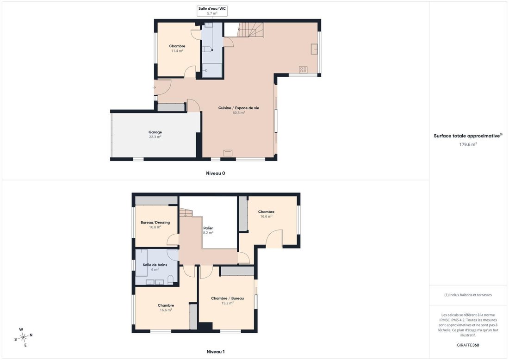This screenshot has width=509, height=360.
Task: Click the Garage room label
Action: [x=155, y=132]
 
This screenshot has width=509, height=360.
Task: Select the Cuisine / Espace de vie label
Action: [x=239, y=108]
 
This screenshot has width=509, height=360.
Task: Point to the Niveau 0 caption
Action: [x=216, y=174]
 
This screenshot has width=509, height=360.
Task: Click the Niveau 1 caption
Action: [x=216, y=352]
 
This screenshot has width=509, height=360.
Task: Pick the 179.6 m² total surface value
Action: [x=468, y=144]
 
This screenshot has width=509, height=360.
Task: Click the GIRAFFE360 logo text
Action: [x=468, y=345]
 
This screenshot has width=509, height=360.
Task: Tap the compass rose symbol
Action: [x=24, y=338]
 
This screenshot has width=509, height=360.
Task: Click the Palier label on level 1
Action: [x=208, y=228]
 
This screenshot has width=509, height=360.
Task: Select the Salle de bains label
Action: [x=155, y=265]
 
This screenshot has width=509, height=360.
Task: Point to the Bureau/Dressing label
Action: [x=155, y=223]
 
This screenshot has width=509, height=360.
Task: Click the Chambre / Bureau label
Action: [x=227, y=298]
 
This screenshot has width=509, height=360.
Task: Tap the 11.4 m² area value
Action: [x=177, y=51]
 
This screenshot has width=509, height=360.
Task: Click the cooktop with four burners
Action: [x=303, y=69]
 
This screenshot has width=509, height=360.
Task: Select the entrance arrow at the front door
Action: [x=154, y=87]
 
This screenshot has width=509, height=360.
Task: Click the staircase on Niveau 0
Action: [x=250, y=30]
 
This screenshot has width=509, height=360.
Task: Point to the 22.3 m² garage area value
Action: [x=155, y=137]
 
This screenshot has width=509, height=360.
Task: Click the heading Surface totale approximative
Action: [x=467, y=136]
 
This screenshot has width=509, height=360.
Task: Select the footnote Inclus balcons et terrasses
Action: [x=468, y=295]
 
